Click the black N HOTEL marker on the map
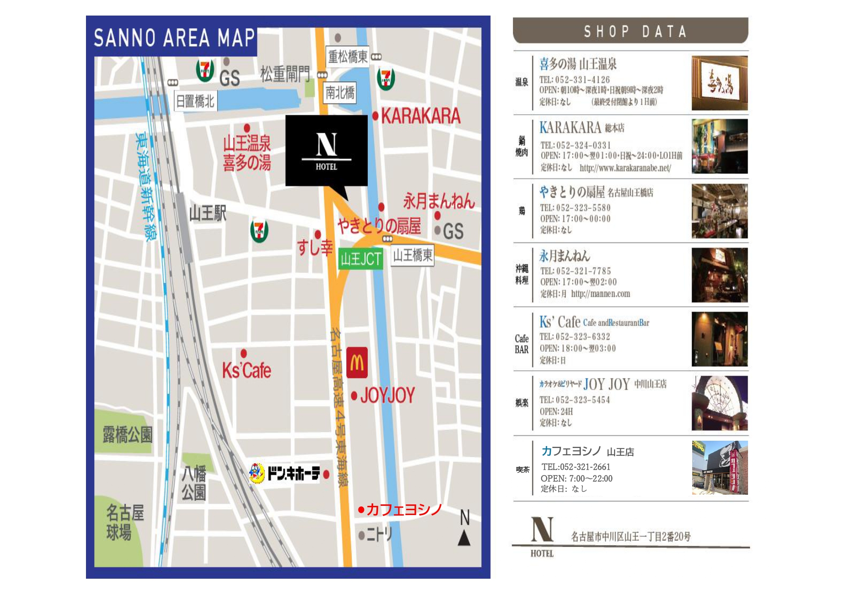tap(326, 150)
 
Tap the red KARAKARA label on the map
tap(420, 116)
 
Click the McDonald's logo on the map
tap(357, 362)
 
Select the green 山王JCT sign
tap(360, 259)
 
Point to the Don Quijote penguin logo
tap(257, 473)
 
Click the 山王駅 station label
tap(207, 213)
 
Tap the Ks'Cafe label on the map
tap(246, 371)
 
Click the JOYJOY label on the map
tap(387, 396)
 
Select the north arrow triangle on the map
tap(464, 538)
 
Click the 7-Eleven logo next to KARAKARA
tap(386, 79)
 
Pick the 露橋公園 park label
tap(127, 434)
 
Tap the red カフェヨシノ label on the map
tap(403, 509)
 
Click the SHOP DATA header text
tap(634, 32)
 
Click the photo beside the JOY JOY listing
tap(719, 403)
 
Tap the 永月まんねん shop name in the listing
tap(564, 256)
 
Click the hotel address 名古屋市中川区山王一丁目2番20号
tap(630, 536)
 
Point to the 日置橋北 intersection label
tap(195, 101)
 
